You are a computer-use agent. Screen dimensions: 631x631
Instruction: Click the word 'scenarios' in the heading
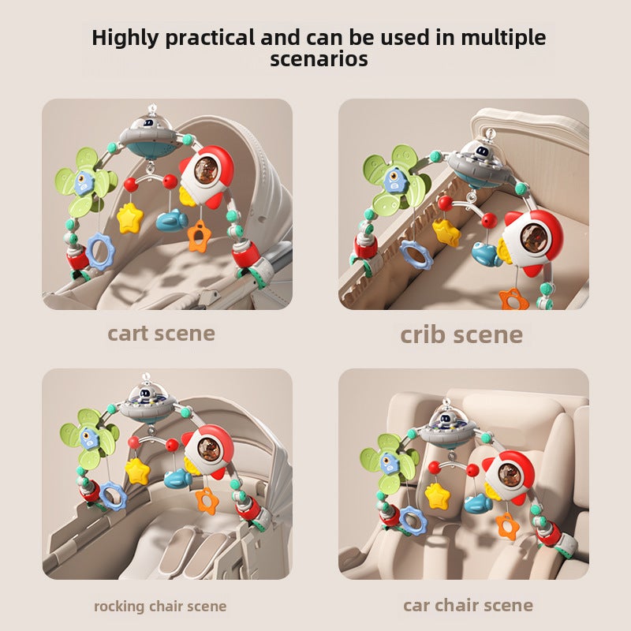pyautogui.click(x=319, y=58)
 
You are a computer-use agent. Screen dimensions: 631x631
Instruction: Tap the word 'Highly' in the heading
pyautogui.click(x=125, y=38)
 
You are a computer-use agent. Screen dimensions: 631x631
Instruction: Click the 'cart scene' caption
pyautogui.click(x=161, y=334)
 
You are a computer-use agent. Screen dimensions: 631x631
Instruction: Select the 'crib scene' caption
pyautogui.click(x=461, y=334)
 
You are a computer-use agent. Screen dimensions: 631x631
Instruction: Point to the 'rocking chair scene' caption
pyautogui.click(x=160, y=606)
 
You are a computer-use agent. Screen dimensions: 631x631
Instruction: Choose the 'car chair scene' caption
pyautogui.click(x=468, y=605)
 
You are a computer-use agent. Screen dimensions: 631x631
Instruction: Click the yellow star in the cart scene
pyautogui.click(x=129, y=218)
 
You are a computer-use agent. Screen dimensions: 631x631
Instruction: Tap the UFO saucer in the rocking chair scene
pyautogui.click(x=150, y=405)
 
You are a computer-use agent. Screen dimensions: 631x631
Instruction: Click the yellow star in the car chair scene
pyautogui.click(x=437, y=496)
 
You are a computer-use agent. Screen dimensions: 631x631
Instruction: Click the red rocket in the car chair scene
pyautogui.click(x=508, y=476)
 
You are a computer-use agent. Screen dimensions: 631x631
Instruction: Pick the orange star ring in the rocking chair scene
pyautogui.click(x=207, y=501)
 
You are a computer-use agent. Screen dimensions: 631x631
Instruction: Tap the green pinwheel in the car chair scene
pyautogui.click(x=390, y=463)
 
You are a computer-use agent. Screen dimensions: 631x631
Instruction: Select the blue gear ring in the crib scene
pyautogui.click(x=416, y=253)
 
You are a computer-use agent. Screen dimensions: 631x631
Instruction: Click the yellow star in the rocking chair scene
pyautogui.click(x=137, y=471)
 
